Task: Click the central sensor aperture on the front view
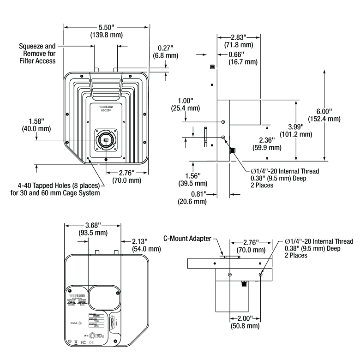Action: [x=106, y=140]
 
